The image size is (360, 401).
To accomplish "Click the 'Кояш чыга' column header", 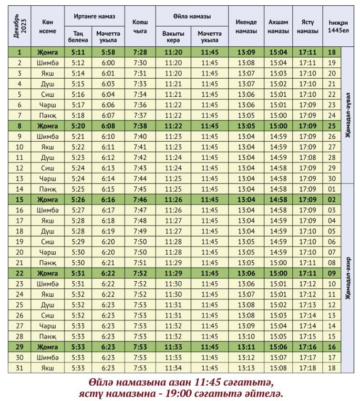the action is (140, 26).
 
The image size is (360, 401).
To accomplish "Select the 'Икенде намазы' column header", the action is (246, 26).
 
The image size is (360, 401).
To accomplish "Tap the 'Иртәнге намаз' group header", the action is (94, 16).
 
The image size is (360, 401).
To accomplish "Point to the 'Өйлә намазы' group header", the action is (192, 16).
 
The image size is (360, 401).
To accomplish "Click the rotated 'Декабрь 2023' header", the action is (20, 26).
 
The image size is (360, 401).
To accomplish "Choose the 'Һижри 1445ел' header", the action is (338, 26).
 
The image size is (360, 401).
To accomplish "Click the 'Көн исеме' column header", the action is (48, 26).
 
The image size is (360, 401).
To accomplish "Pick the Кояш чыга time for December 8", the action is (140, 126).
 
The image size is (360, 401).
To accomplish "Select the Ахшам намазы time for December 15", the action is (278, 199).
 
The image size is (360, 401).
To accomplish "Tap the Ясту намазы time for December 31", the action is (308, 368).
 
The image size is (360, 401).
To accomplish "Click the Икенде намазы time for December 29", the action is (246, 347).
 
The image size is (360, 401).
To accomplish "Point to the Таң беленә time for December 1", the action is (78, 52).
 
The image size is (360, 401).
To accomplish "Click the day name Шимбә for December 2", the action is (48, 63).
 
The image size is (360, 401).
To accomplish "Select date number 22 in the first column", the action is (20, 273).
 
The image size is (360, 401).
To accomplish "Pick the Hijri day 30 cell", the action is (331, 178).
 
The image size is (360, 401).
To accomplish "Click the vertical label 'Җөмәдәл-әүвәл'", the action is (348, 115).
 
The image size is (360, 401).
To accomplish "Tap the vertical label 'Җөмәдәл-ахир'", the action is (348, 278).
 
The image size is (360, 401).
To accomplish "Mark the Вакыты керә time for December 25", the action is (173, 305).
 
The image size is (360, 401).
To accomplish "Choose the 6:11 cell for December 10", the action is (108, 147).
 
